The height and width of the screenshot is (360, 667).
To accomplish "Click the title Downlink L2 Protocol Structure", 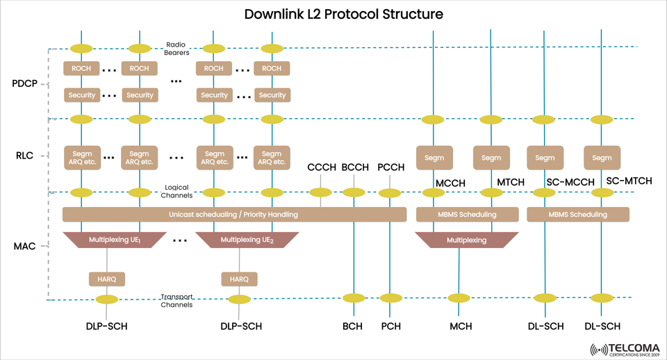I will (333, 14).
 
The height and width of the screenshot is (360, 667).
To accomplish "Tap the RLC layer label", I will (25, 156).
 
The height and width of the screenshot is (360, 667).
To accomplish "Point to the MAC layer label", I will (26, 245).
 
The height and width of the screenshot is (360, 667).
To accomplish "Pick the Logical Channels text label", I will (176, 191).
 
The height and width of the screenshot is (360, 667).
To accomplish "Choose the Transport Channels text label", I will (176, 300).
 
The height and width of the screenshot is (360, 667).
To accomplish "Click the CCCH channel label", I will (321, 167).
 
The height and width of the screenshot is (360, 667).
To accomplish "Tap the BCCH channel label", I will (355, 167).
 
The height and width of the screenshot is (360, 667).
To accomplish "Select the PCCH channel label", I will (390, 167).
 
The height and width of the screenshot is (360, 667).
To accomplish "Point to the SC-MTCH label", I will (629, 181).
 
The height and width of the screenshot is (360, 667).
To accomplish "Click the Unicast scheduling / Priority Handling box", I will (234, 215).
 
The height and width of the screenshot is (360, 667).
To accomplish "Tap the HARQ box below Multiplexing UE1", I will (107, 279).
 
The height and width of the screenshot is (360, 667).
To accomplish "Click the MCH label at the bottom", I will (461, 326).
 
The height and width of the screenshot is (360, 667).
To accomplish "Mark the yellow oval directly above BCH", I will (354, 298).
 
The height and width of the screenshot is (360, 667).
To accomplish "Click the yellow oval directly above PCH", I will (390, 298).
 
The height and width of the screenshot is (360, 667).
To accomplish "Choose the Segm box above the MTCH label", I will (491, 158).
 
